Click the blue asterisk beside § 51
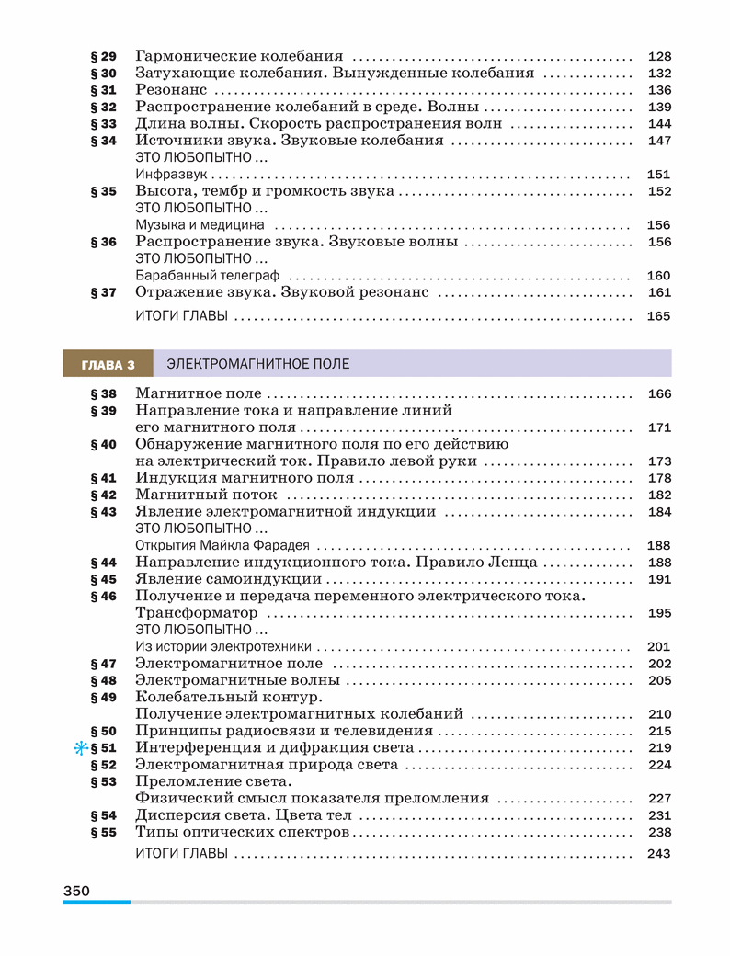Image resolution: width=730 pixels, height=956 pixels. click(x=80, y=748)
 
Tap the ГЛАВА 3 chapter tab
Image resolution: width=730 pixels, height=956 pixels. click(x=108, y=364)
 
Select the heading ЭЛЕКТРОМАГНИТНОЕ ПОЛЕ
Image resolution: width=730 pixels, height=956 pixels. click(x=257, y=364)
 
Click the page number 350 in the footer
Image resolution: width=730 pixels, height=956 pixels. click(x=76, y=890)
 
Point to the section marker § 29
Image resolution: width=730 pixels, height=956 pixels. click(x=104, y=56)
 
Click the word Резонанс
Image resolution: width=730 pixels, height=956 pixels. click(x=171, y=90)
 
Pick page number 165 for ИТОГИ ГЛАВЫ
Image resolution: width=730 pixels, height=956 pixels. click(x=659, y=316)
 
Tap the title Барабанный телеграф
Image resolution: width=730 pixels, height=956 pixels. click(x=207, y=275)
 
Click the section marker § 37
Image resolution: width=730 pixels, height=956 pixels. click(x=104, y=292)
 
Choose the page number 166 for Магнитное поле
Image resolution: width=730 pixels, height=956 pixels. click(x=659, y=394)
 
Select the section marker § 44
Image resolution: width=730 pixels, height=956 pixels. click(x=104, y=562)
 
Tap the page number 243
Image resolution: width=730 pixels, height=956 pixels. click(x=659, y=854)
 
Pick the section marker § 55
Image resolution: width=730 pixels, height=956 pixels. click(x=104, y=832)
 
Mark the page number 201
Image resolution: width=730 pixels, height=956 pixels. click(x=659, y=646)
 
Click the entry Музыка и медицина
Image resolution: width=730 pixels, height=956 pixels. click(x=200, y=224)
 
